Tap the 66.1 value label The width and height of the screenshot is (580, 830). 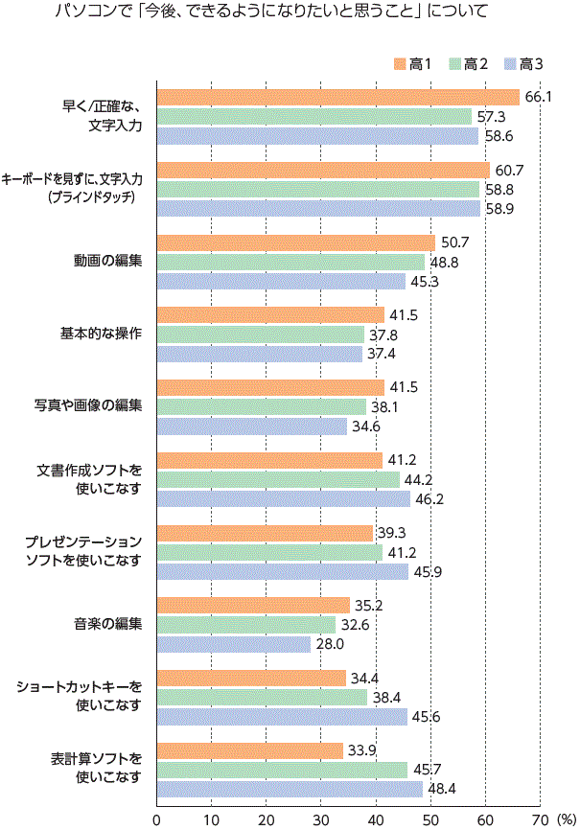[538, 98]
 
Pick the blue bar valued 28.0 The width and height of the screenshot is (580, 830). [234, 645]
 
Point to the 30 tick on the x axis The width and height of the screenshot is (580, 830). [321, 820]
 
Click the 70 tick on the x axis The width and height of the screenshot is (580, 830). [540, 820]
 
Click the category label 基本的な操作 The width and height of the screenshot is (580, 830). [102, 334]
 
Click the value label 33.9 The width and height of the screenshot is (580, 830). [361, 750]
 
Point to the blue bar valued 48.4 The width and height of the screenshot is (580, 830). [290, 790]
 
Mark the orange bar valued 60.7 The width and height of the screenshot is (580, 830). [323, 171]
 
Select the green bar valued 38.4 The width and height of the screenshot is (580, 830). [262, 698]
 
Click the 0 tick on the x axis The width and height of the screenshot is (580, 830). [156, 820]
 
